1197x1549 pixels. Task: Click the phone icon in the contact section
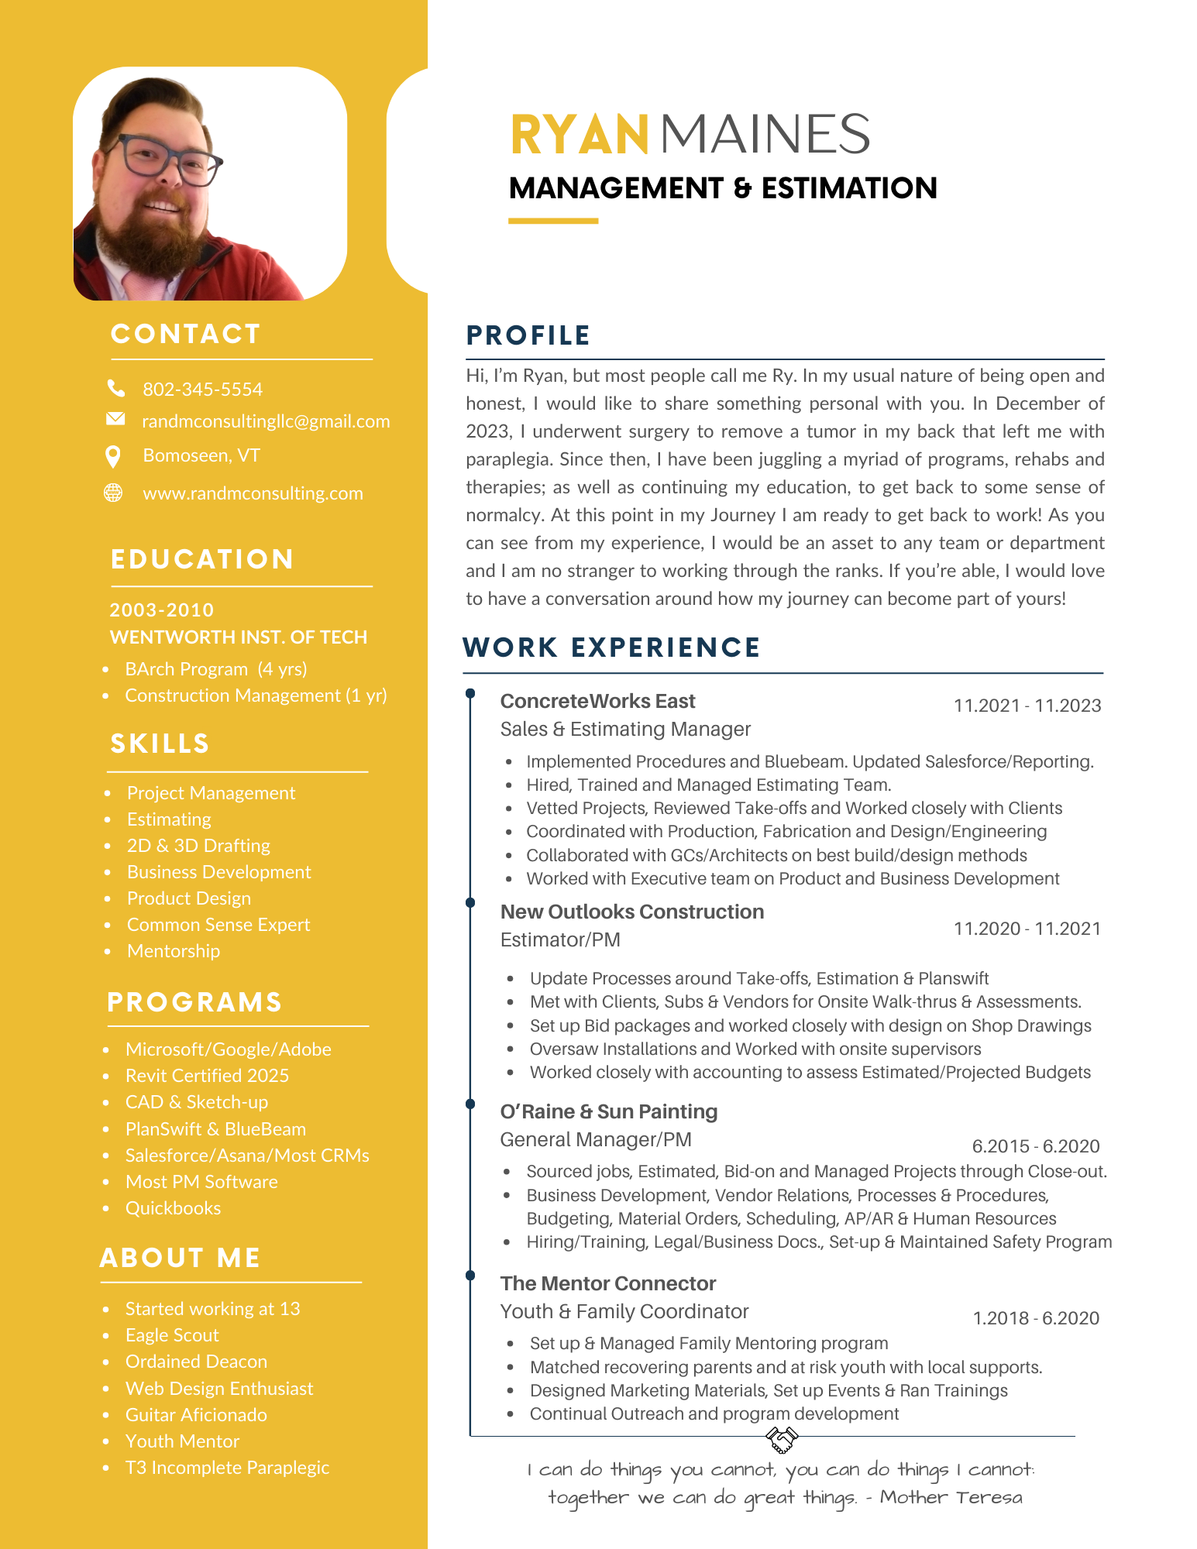tap(115, 387)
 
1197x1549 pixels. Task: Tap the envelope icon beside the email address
tap(115, 419)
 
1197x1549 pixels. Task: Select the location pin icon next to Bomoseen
tap(113, 457)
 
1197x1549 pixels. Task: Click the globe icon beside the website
tap(113, 493)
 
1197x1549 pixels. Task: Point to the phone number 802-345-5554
tap(202, 390)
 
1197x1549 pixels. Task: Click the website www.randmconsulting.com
tap(253, 493)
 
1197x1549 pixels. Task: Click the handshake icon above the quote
tap(782, 1440)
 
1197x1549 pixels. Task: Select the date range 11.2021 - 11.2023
tap(1027, 706)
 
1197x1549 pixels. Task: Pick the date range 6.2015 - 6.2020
tap(1035, 1146)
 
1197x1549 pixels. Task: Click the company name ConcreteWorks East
tap(597, 701)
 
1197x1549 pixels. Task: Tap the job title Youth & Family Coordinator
tap(624, 1311)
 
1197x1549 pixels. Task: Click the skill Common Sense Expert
tap(218, 925)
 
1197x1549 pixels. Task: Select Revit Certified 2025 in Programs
tap(207, 1076)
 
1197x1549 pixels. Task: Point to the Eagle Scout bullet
tap(172, 1335)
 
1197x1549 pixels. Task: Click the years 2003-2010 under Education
tap(161, 610)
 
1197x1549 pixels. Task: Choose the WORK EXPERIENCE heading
tap(611, 647)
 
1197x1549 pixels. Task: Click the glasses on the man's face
tap(168, 160)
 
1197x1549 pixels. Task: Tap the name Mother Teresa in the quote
tap(951, 1497)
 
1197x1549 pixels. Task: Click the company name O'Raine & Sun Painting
tap(608, 1111)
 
